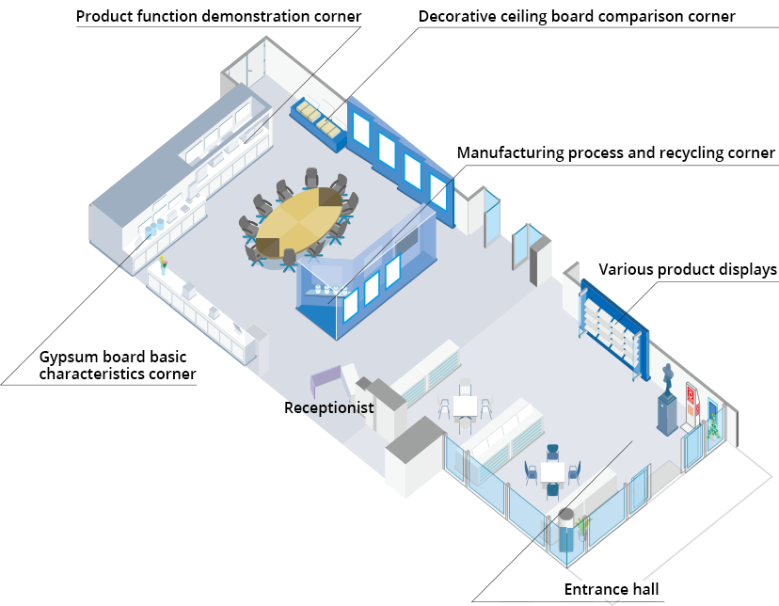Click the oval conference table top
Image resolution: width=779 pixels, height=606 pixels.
299,223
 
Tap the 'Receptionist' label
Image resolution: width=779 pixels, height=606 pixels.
328,408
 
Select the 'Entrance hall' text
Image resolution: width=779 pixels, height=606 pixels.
611,591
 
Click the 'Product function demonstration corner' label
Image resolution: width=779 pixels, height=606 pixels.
218,16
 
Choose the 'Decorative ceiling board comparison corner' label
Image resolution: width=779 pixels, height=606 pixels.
577,16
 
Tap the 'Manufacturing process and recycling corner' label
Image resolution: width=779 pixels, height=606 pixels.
615,152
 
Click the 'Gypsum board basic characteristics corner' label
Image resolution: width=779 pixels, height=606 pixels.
118,365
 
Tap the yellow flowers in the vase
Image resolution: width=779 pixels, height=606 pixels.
162,262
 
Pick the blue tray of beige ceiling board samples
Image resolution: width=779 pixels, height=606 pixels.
318,121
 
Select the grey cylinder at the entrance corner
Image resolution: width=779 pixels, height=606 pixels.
566,529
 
